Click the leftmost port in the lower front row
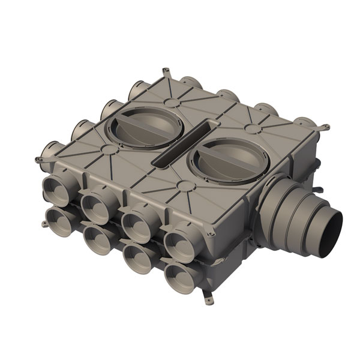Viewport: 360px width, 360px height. [x=58, y=220]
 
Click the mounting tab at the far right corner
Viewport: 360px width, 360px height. [x=324, y=127]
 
